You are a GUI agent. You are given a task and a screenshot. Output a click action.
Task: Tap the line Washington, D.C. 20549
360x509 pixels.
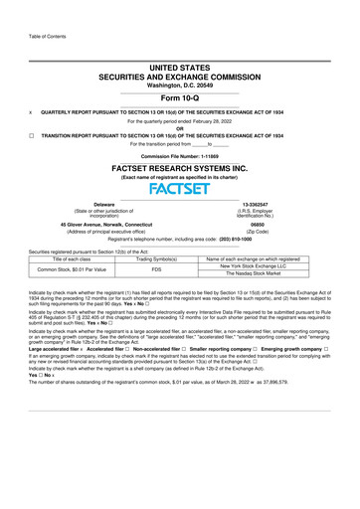180,82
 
